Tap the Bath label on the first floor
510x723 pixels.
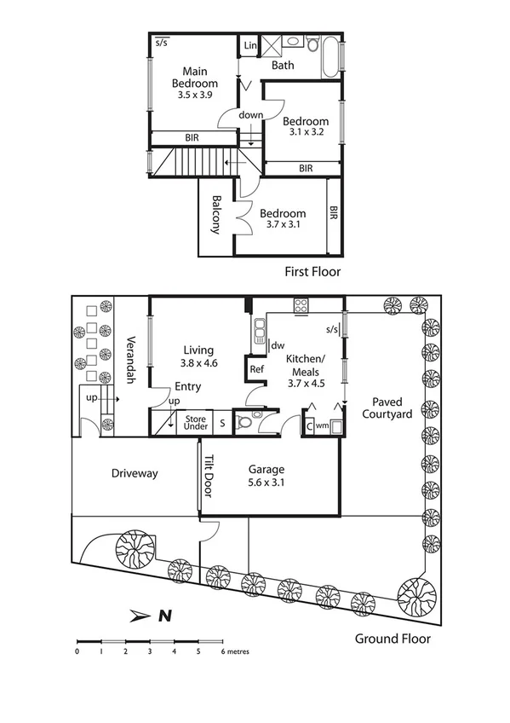click(284, 65)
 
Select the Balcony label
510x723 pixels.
click(216, 215)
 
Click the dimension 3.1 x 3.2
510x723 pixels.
click(307, 133)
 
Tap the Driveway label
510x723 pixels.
click(135, 473)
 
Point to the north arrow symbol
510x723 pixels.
click(151, 614)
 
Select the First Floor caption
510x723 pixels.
click(312, 272)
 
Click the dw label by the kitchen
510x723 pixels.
click(278, 345)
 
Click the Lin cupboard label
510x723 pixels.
click(250, 44)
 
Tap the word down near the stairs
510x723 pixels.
click(250, 115)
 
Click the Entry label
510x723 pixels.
click(188, 386)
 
